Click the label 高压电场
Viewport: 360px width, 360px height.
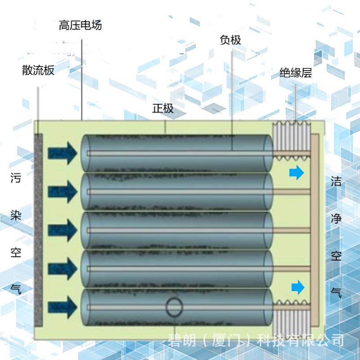pos(80,25)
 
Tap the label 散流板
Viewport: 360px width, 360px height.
pos(38,70)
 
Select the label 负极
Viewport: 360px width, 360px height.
pos(230,40)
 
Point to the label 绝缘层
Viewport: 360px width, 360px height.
pos(296,72)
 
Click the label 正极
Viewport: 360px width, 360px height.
pos(163,108)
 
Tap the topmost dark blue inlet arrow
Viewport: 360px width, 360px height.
pos(63,153)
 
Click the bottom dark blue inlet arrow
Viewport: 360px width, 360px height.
pos(63,306)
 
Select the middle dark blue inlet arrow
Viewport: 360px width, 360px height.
pos(63,229)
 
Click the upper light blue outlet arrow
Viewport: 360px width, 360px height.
pos(297,173)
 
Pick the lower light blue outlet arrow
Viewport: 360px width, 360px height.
pos(297,287)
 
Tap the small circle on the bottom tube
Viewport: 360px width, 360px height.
pos(175,307)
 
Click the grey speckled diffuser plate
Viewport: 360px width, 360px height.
pos(38,229)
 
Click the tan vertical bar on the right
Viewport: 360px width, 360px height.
pos(315,229)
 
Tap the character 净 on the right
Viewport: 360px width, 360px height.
pos(336,219)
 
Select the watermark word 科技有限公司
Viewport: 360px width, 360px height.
pos(300,340)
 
